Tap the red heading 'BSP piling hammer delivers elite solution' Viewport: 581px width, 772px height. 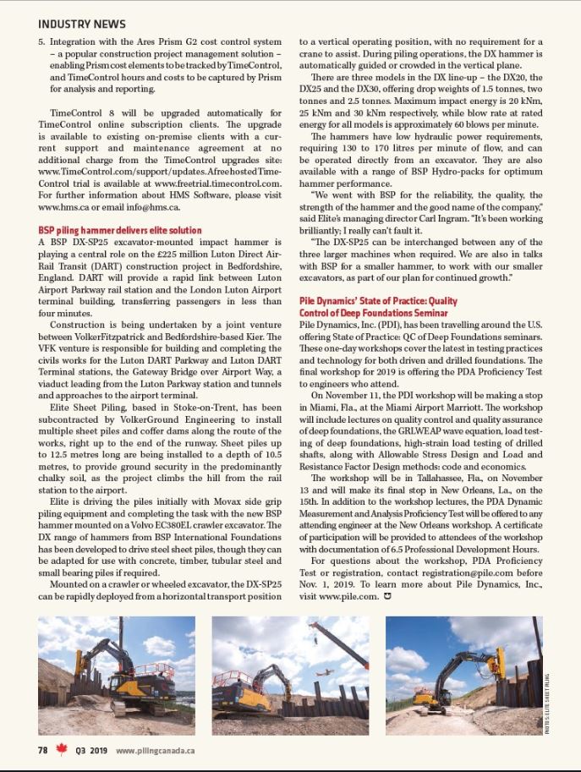[x=120, y=230]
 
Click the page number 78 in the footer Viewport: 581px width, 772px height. [x=41, y=749]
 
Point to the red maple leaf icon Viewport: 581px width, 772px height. [x=60, y=749]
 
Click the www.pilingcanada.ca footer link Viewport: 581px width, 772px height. [x=156, y=750]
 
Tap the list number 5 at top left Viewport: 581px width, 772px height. [x=41, y=41]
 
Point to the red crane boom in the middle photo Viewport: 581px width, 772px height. [x=338, y=644]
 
